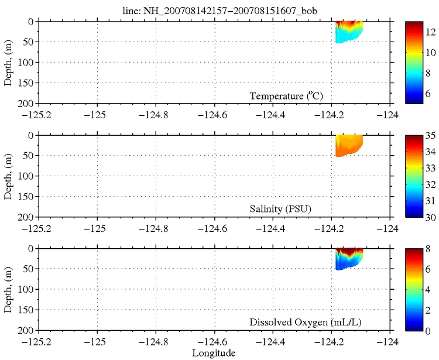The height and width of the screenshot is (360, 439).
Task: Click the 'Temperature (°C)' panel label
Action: [x=287, y=96]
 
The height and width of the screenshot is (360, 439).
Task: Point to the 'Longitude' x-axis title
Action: [x=214, y=353]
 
